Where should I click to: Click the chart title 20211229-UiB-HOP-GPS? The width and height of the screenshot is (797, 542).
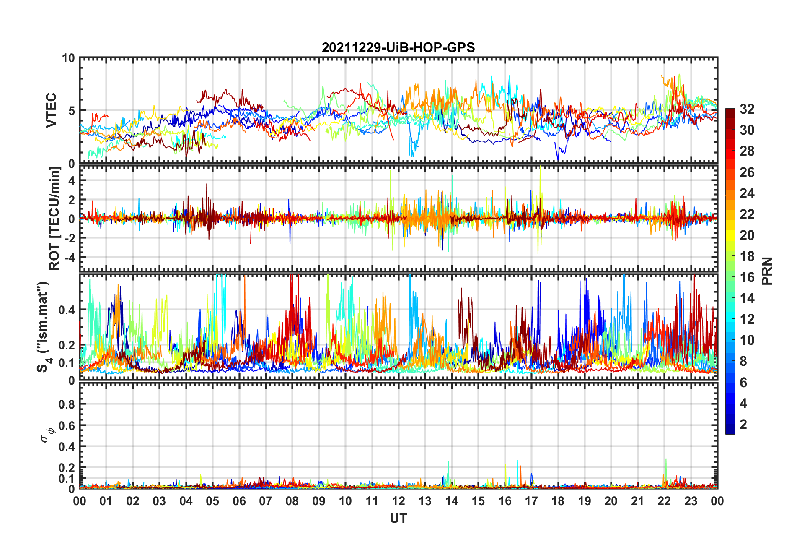coord(398,47)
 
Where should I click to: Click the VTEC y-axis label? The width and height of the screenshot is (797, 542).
coord(51,110)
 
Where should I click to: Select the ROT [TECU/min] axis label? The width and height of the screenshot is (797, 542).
coord(54,219)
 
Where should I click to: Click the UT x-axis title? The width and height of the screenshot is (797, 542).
coord(398,519)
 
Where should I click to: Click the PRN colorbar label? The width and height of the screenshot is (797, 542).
coord(767,271)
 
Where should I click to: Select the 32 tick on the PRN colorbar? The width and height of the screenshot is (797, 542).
coord(747,109)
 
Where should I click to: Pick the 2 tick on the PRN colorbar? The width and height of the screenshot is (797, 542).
coord(743,424)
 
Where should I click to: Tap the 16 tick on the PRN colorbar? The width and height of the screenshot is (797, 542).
coord(747,277)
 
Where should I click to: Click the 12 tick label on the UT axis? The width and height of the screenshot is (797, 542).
coord(398,501)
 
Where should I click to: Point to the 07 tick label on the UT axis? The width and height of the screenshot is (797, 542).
coord(266,501)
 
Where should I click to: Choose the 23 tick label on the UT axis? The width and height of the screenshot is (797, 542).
coord(691,501)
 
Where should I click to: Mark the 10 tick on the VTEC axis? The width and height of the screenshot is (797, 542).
coord(68,58)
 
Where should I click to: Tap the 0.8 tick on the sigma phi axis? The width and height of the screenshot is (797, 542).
coord(67,404)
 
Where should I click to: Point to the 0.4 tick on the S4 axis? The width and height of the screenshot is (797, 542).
coord(67,310)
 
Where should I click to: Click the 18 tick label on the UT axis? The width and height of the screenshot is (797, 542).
coord(558,501)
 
